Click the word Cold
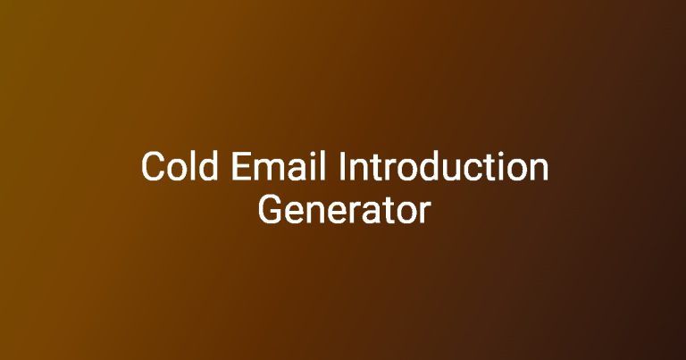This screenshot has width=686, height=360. (x=180, y=166)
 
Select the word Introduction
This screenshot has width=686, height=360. (x=444, y=166)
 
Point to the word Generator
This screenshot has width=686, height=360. (x=344, y=210)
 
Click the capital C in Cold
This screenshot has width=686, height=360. (x=153, y=166)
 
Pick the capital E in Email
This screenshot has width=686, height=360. (x=241, y=166)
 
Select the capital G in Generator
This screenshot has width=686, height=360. (x=271, y=210)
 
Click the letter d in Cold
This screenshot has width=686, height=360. (x=208, y=166)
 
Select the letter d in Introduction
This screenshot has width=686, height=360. (x=438, y=166)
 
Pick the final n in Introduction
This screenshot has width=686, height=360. (x=540, y=170)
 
